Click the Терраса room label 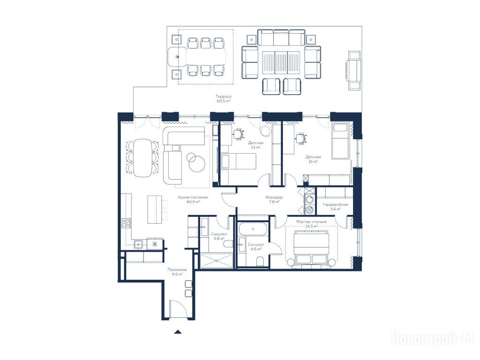[x=224, y=97]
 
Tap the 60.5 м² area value [x=224, y=101]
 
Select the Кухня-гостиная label [x=193, y=197]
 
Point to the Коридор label [x=274, y=197]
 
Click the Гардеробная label [x=335, y=204]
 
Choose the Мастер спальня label [x=311, y=222]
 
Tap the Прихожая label [x=177, y=270]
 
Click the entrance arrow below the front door [x=178, y=331]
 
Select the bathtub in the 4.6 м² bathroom [x=253, y=229]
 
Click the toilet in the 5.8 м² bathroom [x=228, y=244]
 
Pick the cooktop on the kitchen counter [x=126, y=223]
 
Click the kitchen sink [x=139, y=244]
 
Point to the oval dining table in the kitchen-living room [x=142, y=158]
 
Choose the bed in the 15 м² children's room [x=340, y=141]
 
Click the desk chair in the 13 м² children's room [x=239, y=134]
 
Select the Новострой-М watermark [x=433, y=339]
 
